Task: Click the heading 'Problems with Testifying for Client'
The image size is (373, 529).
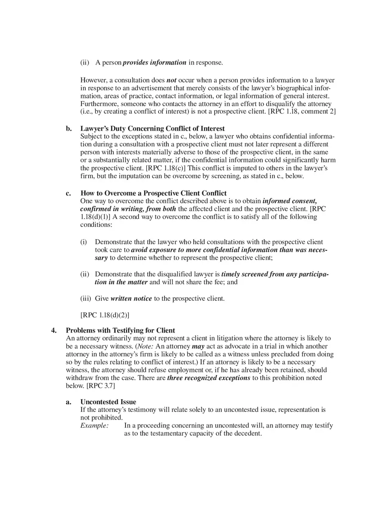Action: tap(120, 330)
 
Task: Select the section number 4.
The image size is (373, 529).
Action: tap(54, 330)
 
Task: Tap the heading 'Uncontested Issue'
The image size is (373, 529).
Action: tap(108, 402)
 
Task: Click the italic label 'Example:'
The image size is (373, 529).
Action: tap(94, 425)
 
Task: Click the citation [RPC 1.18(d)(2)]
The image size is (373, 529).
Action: tap(105, 315)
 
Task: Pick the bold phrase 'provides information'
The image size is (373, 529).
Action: tap(154, 63)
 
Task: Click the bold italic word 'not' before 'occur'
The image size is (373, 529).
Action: tap(171, 80)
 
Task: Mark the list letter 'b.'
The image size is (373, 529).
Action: tap(69, 129)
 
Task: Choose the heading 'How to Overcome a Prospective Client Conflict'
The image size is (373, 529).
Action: tap(153, 193)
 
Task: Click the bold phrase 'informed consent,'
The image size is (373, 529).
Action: tap(289, 201)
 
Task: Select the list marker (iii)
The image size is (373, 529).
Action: tap(86, 299)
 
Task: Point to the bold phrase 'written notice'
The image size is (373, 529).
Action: tap(131, 299)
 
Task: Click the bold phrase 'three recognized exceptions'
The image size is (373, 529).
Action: tap(209, 378)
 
